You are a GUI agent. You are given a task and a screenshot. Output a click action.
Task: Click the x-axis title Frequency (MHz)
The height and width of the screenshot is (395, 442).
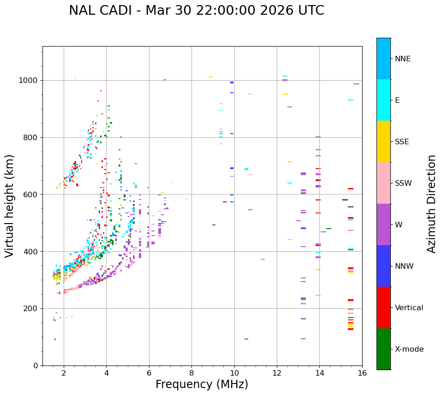coord(202,384)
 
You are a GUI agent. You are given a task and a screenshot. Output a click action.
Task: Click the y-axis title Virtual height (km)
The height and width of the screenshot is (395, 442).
coord(10,206)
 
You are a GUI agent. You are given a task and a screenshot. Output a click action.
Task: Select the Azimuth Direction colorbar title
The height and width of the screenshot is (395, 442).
coord(431,203)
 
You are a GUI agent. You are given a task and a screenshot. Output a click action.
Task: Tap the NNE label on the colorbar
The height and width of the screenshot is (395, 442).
coord(402,59)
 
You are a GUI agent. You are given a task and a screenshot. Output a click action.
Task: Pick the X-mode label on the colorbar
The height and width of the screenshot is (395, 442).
coord(409,349)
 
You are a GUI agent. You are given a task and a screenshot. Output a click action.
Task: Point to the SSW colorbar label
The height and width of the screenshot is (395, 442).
coord(403,183)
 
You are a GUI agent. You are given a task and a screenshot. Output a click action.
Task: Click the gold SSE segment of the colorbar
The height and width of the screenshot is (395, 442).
coord(383,141)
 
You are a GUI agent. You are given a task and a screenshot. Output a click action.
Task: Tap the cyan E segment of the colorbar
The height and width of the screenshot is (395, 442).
coord(383,100)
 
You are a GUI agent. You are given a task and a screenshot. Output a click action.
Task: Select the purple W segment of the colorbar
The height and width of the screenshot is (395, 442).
coord(383,224)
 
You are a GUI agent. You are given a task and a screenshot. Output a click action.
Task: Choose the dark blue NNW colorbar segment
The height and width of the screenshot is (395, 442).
coord(383,266)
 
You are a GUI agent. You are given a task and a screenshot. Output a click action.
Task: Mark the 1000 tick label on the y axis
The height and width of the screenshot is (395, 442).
coord(28,81)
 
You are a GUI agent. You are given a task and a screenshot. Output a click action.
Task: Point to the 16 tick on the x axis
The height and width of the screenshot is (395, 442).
coord(362,373)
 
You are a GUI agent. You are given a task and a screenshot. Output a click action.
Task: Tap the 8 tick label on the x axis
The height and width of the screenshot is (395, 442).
coord(191,373)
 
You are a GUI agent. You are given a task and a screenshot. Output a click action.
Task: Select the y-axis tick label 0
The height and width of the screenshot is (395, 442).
coord(36,366)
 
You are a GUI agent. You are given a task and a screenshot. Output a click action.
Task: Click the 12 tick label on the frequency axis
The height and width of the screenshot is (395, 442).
coord(277,373)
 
